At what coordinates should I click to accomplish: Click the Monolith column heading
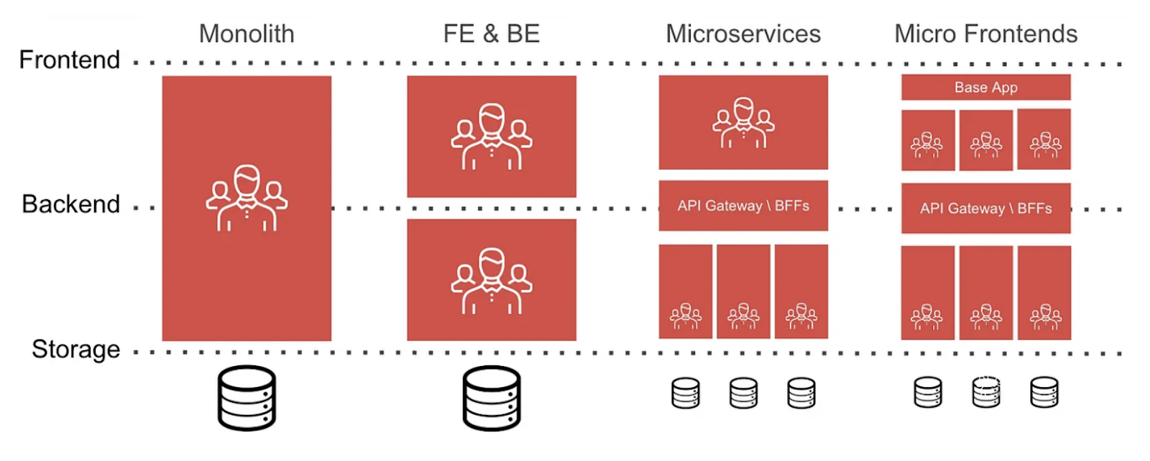247,34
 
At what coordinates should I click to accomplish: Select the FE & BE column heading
491,34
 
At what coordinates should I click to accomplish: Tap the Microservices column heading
742,34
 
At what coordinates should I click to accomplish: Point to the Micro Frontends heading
985,34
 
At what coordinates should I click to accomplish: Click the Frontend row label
70,60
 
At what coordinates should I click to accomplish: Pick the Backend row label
71,204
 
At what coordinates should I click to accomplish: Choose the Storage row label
75,350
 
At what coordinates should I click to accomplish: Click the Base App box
985,87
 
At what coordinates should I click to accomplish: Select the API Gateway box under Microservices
743,206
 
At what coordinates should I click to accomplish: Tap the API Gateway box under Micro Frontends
985,209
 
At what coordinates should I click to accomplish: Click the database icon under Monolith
247,398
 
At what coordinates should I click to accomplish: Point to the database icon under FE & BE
492,398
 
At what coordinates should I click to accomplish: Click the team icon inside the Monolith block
247,198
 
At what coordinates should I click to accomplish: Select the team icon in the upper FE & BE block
492,137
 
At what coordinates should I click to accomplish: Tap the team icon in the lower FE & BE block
492,281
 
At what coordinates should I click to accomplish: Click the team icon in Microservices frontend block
743,123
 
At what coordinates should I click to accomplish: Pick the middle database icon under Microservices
743,393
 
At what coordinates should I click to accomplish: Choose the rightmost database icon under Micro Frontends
1044,393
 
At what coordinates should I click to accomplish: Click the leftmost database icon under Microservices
685,393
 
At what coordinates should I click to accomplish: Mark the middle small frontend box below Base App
985,140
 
